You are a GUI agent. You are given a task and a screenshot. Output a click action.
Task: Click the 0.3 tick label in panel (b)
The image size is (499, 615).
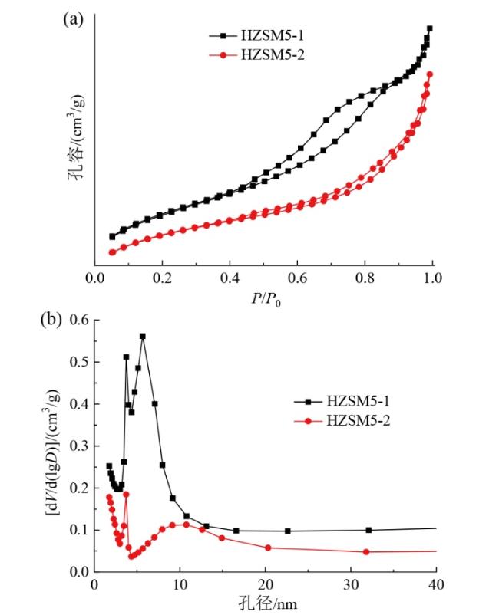pyautogui.click(x=80, y=446)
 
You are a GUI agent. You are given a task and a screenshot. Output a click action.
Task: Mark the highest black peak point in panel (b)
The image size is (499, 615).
pyautogui.click(x=142, y=336)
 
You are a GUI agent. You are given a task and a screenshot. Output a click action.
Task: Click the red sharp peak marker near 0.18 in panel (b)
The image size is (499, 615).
pyautogui.click(x=126, y=494)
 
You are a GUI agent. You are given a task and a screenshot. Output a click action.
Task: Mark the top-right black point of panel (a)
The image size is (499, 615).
pyautogui.click(x=429, y=28)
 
